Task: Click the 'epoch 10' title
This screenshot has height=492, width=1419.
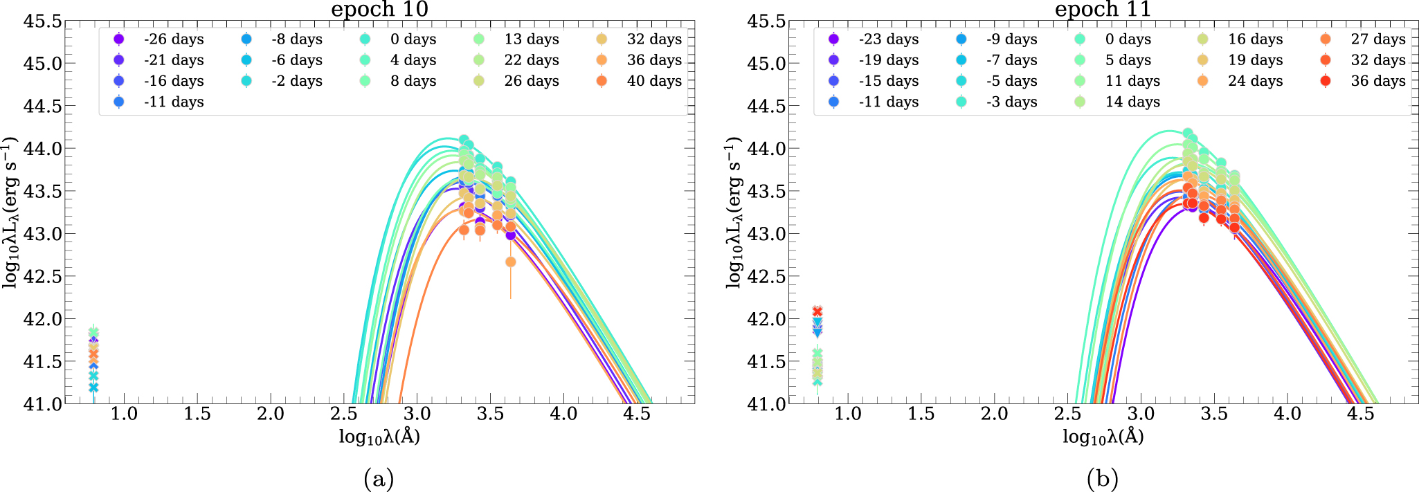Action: point(379,10)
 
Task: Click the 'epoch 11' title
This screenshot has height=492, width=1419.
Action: point(1103,10)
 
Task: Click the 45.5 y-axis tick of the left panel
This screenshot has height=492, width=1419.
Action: point(42,21)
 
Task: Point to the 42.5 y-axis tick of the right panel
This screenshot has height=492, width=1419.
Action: point(766,277)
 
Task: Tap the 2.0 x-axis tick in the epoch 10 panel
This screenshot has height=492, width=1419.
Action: point(271,414)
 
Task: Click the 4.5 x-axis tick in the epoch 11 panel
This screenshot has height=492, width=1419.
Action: point(1361,414)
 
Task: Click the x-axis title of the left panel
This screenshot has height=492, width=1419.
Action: point(379,436)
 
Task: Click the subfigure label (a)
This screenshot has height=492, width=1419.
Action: point(379,478)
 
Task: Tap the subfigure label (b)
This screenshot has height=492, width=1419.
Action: point(1103,478)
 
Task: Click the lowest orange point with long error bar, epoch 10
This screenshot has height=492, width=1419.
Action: point(510,262)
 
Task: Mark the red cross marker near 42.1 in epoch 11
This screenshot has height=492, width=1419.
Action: point(817,311)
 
